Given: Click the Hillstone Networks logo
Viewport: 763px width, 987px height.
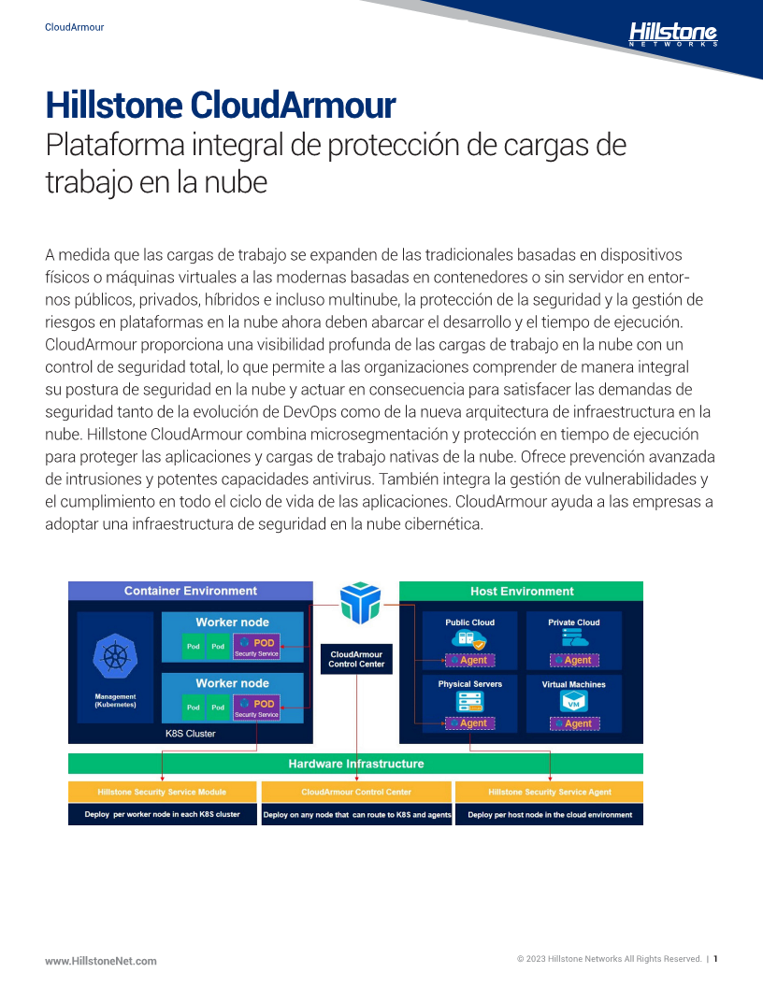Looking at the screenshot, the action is tap(673, 34).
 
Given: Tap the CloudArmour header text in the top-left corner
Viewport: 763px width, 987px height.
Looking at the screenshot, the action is tap(74, 27).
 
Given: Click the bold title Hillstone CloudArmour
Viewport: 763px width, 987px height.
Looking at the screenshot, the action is tap(221, 105).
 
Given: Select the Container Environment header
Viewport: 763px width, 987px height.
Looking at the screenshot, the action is tap(190, 591).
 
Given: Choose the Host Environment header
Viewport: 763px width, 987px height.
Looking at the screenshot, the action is tap(521, 591).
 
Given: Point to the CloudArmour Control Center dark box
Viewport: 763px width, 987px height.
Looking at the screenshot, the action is tap(356, 659).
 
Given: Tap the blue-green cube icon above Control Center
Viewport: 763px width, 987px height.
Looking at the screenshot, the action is tap(360, 603).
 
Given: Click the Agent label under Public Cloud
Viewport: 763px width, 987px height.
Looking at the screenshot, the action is tap(470, 660).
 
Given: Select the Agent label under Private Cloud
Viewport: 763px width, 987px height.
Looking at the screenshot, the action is tap(575, 660).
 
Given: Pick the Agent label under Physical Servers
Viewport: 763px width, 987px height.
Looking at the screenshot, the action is tap(470, 723).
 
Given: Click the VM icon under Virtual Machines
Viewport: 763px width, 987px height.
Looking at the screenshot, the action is tap(573, 702).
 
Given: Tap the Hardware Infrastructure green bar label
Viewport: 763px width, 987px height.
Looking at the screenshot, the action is tap(355, 764).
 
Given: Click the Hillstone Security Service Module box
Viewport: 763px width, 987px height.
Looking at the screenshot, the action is tap(163, 792).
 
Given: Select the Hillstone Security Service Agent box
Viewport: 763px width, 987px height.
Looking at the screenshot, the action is tap(550, 792).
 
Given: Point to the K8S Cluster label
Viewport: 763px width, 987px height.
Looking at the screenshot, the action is tap(190, 734).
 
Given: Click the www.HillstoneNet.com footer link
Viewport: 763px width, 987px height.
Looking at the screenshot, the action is tap(101, 961).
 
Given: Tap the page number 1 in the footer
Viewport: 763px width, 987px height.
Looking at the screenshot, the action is tap(715, 959).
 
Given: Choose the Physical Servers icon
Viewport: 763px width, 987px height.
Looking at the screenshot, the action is tap(470, 702).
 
